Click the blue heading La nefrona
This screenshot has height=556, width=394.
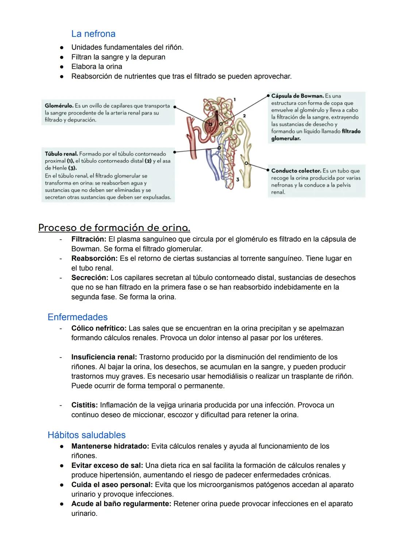[93, 34]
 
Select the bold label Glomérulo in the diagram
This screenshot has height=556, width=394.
[59, 106]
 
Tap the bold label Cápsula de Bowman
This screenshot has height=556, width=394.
[297, 96]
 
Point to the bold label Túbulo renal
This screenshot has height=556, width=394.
[61, 154]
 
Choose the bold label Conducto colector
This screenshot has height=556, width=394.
[296, 171]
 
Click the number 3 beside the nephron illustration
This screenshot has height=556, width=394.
[237, 179]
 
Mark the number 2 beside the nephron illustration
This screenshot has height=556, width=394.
[244, 116]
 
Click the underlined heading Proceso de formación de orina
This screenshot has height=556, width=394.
[114, 228]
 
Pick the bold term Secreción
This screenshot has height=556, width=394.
[90, 278]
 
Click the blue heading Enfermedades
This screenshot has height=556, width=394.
[77, 317]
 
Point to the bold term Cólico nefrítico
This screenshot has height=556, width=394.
[98, 328]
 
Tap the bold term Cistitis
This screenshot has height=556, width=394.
[84, 405]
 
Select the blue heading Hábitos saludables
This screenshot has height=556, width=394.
[86, 435]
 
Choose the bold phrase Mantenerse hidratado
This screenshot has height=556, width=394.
[110, 446]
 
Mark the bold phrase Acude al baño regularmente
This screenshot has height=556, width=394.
[121, 504]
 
